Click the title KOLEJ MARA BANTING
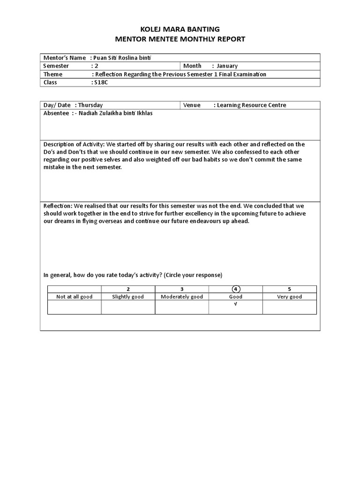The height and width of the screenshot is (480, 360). [180, 29]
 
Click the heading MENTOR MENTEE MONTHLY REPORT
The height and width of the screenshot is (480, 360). [180, 39]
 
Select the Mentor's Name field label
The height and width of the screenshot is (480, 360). [65, 58]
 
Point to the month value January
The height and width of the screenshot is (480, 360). [227, 66]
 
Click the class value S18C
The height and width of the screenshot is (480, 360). [100, 82]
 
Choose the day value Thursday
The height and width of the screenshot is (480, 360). [90, 105]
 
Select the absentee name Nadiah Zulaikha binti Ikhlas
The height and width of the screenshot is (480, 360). [117, 113]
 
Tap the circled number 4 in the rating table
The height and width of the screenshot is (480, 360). [235, 289]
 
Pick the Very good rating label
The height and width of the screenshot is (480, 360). [289, 297]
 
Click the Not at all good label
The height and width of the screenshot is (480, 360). [74, 297]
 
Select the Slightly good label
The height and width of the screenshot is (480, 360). [128, 297]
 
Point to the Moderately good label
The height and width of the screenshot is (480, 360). [181, 297]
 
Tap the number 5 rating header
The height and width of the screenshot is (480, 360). [289, 289]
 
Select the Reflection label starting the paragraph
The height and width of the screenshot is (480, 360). [58, 206]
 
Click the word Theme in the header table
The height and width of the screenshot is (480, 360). [52, 74]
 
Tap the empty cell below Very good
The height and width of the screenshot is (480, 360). [289, 307]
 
